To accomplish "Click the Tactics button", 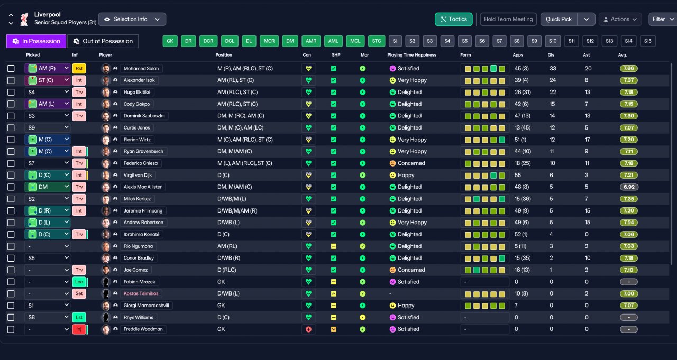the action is [x=454, y=20].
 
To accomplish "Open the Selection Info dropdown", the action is [x=132, y=20].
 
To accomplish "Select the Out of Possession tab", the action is [x=103, y=41].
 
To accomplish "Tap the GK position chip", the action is [x=170, y=41].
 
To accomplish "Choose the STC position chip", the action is [x=376, y=41].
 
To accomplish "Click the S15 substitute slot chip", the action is [x=647, y=41].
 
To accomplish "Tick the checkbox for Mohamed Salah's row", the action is [x=11, y=69].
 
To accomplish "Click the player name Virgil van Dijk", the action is [x=138, y=175].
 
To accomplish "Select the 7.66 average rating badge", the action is [x=629, y=69].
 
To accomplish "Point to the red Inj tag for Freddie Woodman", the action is [x=79, y=329].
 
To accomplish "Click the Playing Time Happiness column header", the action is [x=411, y=55].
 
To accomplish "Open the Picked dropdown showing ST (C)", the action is [x=48, y=80].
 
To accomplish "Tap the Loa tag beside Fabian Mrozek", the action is [x=79, y=282].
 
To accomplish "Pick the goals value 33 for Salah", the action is [x=553, y=69].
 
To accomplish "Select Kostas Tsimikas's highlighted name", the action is [x=141, y=293].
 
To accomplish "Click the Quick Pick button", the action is [x=559, y=20].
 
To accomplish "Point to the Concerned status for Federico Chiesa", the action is [x=411, y=163].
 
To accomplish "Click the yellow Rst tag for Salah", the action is [x=79, y=69].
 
